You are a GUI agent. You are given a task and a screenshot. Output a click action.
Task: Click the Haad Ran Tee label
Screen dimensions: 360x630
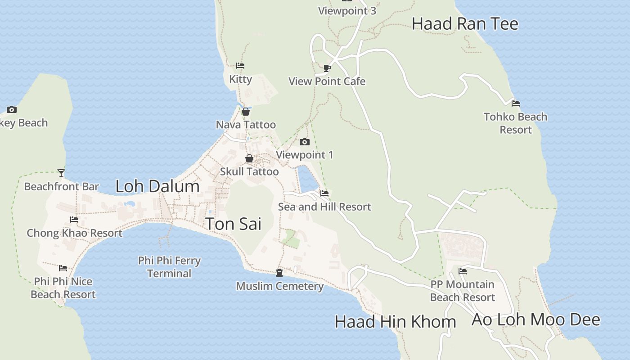click(465, 24)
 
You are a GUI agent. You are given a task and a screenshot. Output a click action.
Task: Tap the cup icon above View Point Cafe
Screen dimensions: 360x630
click(327, 68)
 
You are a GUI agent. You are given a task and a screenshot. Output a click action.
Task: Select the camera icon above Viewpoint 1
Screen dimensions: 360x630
click(305, 142)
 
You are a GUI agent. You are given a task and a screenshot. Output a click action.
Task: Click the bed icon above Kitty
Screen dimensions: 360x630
click(240, 66)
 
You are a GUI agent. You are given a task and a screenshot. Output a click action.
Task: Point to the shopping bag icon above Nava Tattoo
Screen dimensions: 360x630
click(246, 112)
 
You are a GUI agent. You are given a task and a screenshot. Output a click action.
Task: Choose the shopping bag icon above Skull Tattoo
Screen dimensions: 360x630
click(249, 158)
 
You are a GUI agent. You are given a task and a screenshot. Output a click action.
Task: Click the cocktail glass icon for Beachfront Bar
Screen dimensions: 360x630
click(61, 173)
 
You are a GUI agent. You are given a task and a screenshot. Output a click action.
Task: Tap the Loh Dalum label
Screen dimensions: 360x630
click(157, 186)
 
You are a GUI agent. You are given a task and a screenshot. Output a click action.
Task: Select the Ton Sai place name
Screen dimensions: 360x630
click(233, 224)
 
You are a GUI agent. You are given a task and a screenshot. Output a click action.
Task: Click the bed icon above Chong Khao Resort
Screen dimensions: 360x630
click(74, 220)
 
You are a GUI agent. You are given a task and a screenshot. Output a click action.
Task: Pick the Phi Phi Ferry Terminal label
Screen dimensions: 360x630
click(169, 267)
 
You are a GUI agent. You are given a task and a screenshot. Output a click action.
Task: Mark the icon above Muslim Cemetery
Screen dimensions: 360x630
click(279, 273)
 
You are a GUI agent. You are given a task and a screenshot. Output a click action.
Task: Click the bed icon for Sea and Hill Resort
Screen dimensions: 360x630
click(324, 193)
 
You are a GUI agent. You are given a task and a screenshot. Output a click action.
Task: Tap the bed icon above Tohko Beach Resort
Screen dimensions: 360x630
click(516, 103)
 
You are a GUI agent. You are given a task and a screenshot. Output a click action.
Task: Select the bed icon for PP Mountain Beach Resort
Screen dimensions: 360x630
click(462, 271)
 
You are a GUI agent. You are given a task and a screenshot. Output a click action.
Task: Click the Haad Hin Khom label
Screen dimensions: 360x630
click(395, 322)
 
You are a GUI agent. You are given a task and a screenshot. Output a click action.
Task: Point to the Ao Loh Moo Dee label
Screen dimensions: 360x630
click(535, 319)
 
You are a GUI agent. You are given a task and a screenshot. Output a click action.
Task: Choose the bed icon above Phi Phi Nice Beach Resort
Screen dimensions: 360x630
click(63, 268)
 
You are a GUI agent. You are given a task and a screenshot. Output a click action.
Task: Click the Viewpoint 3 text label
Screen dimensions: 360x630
click(347, 11)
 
